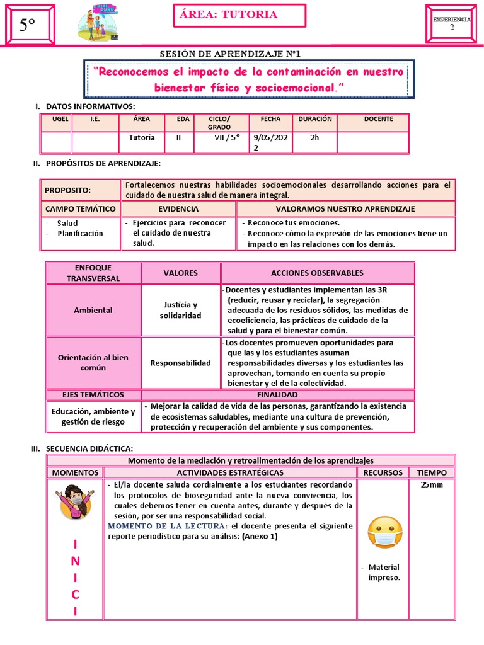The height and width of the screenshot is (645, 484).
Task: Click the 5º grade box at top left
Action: [27, 25]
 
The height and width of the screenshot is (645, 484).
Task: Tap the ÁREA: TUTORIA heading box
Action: [239, 16]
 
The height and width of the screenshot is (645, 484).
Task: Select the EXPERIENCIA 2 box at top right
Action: [451, 25]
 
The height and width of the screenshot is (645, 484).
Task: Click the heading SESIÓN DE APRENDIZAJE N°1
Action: [241, 55]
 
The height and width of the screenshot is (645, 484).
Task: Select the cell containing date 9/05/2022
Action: [271, 142]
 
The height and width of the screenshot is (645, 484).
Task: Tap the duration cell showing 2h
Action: [314, 139]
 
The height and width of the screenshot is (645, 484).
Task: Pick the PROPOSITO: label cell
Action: [81, 190]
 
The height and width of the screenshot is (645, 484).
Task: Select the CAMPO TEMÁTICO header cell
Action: [81, 208]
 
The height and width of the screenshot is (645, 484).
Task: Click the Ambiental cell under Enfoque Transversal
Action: [93, 310]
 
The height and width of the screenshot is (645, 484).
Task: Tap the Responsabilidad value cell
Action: [180, 363]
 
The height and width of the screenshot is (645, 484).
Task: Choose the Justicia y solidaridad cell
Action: [180, 310]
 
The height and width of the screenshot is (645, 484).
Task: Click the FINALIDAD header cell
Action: [277, 395]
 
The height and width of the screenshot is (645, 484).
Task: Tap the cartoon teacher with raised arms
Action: [75, 501]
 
